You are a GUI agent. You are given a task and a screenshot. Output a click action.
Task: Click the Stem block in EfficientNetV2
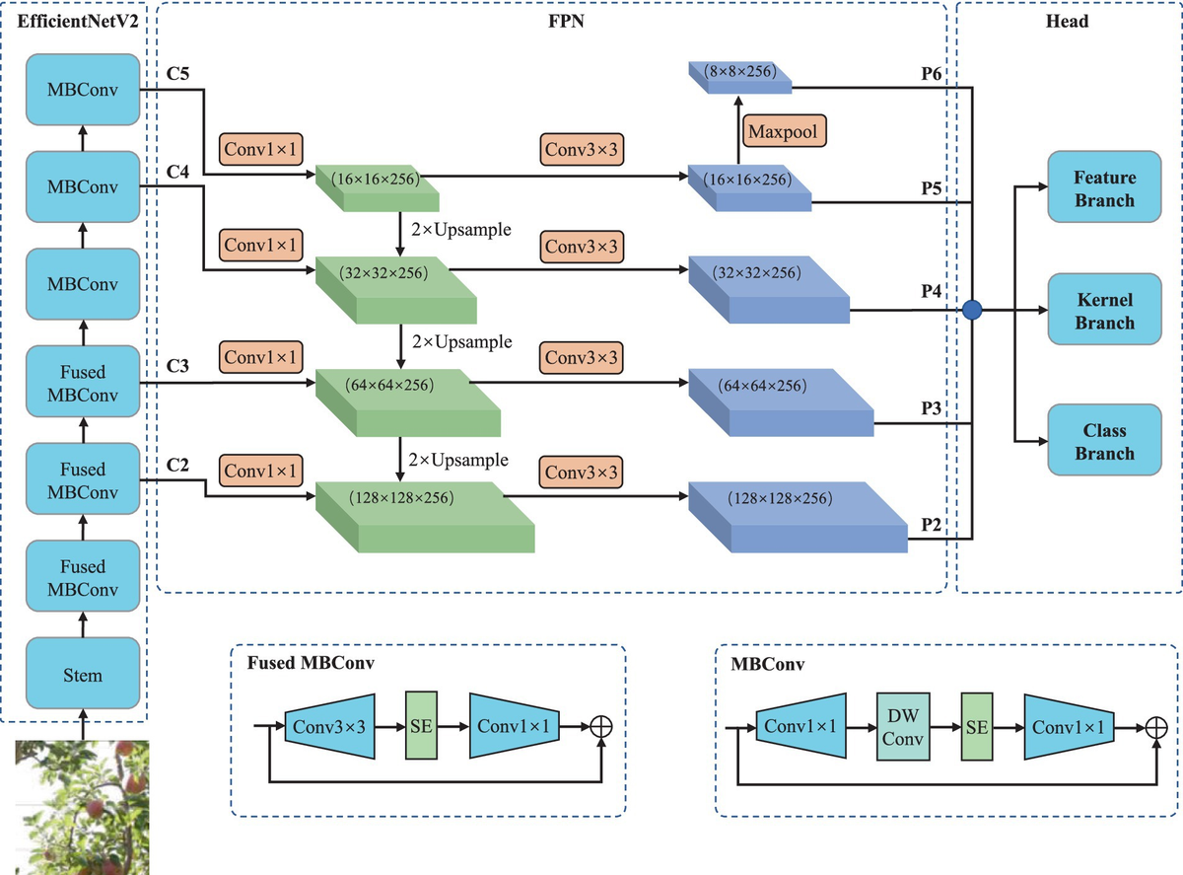(x=83, y=675)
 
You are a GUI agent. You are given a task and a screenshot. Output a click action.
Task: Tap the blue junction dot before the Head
(x=973, y=311)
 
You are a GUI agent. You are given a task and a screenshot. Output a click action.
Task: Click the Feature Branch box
(x=1104, y=188)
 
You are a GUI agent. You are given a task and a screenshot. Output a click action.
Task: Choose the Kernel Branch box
(x=1104, y=311)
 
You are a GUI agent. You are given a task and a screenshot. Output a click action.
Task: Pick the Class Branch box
(x=1104, y=442)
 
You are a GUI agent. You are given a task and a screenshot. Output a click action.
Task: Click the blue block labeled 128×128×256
(x=797, y=513)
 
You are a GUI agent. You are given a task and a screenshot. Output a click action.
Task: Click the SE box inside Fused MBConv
(x=421, y=727)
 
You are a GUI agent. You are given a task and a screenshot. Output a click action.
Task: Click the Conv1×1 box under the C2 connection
(x=260, y=472)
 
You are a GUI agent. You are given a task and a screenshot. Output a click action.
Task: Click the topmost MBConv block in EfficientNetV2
(x=83, y=91)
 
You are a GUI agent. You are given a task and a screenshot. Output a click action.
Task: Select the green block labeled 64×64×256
(x=405, y=402)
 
